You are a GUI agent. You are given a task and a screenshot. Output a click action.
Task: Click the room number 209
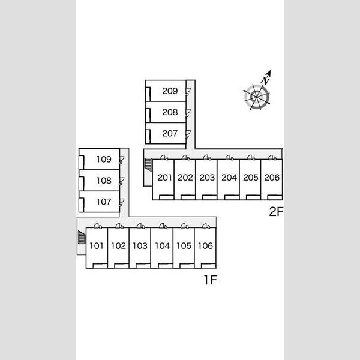(170, 91)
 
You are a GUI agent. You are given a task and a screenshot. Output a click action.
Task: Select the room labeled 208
(170, 112)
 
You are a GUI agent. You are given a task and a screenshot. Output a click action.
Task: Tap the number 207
(170, 133)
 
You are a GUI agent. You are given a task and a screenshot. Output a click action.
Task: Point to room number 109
(104, 159)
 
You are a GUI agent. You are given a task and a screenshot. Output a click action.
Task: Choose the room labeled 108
(104, 181)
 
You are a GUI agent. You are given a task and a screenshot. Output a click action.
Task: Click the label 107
(104, 202)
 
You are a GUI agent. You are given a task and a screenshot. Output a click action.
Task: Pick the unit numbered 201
(164, 178)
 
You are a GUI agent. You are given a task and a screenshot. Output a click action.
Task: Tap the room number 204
(229, 178)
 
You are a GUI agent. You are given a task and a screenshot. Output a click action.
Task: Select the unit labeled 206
(272, 178)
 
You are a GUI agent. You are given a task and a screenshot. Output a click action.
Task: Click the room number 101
(97, 246)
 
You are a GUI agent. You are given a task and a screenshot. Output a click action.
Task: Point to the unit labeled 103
(140, 246)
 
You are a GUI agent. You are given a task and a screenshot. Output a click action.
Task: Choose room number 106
(205, 246)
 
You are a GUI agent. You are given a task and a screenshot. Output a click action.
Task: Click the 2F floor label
(276, 211)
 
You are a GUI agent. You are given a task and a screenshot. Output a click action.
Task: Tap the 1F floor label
(211, 280)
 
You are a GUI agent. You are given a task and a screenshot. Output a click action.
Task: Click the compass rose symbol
(256, 97)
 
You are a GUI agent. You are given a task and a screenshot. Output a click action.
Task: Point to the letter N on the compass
(265, 80)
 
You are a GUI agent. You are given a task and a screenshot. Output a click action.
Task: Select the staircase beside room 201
(148, 165)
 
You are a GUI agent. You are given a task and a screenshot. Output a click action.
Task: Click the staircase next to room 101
(82, 237)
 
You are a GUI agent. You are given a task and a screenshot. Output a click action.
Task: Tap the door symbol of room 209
(188, 92)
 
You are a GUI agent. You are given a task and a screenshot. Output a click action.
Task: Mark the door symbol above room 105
(184, 226)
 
